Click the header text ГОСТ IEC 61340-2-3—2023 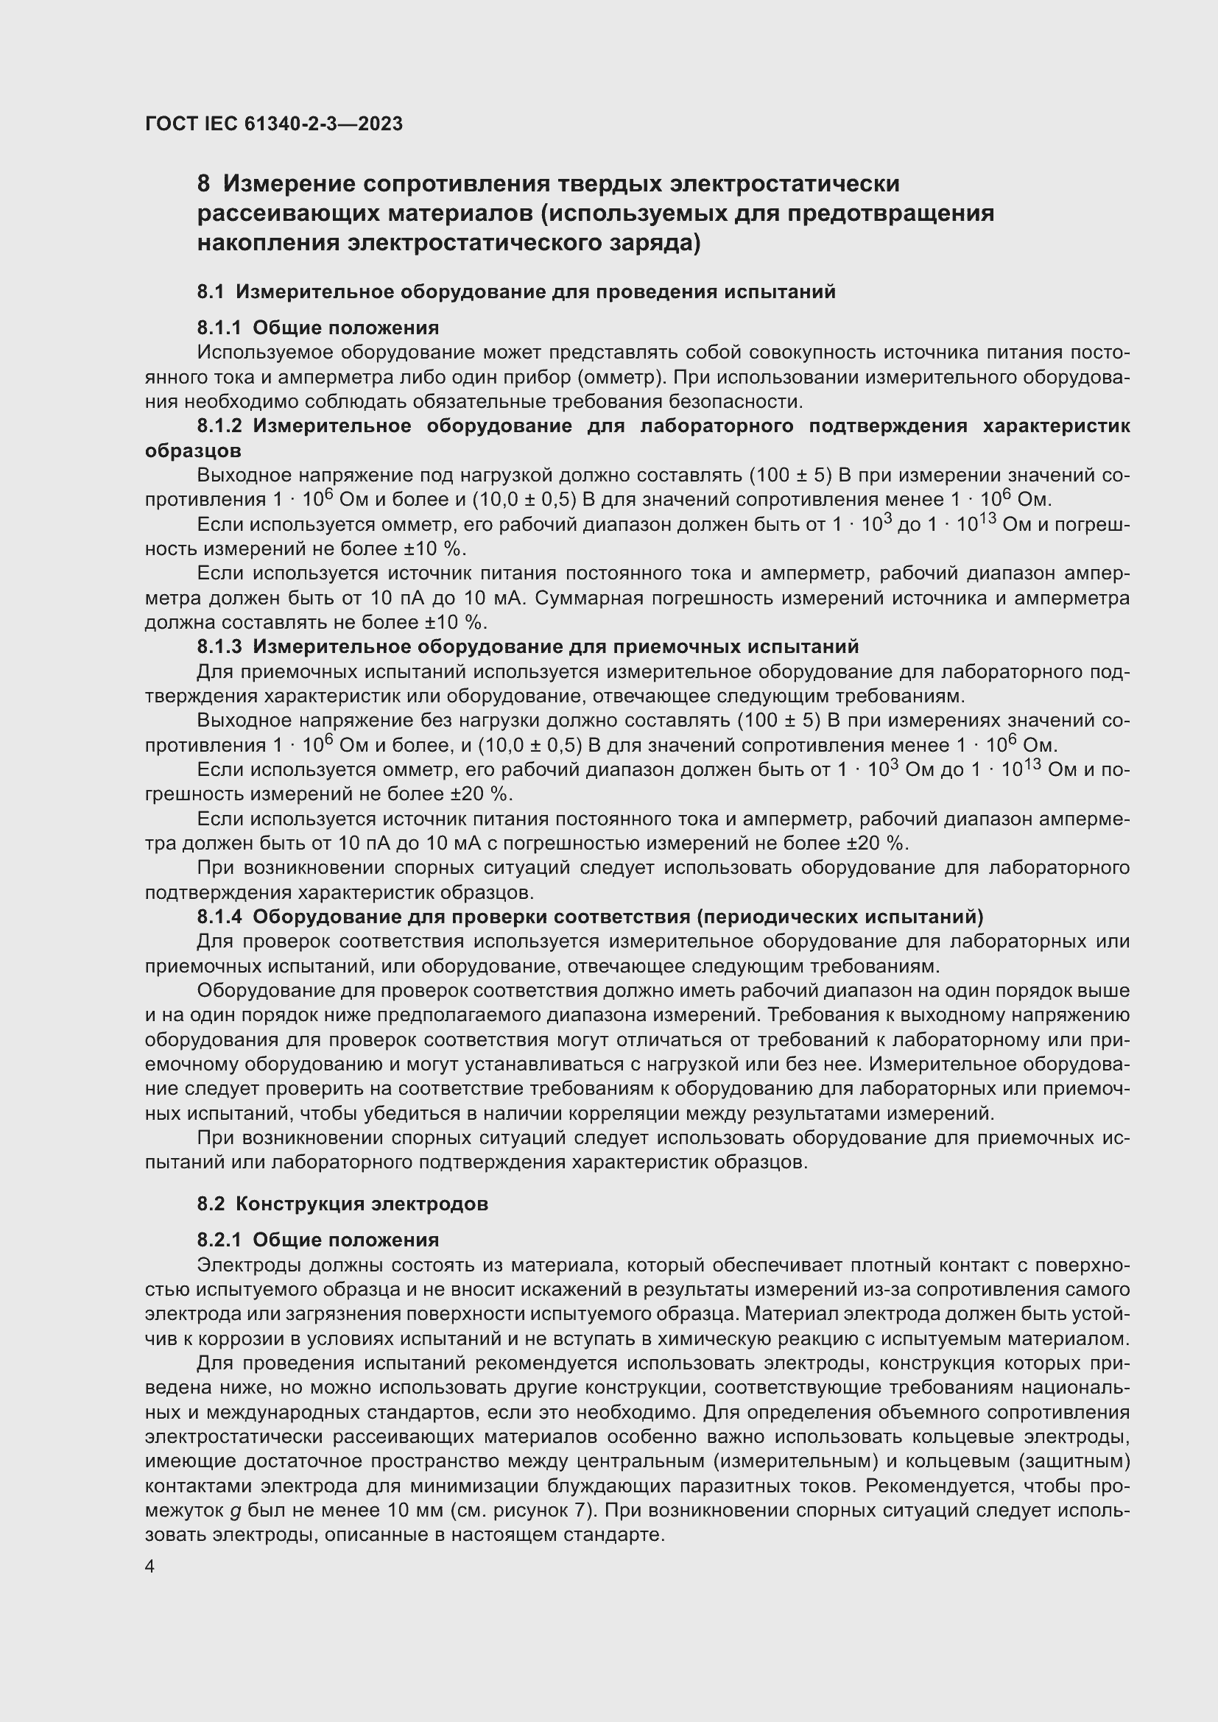pos(274,124)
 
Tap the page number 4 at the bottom pos(150,1567)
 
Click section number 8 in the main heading pos(203,184)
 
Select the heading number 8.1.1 pos(219,328)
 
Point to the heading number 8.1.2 pos(219,426)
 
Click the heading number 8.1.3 pos(219,646)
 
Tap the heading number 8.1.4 pos(219,917)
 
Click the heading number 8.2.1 pos(219,1240)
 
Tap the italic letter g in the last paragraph pos(234,1511)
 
